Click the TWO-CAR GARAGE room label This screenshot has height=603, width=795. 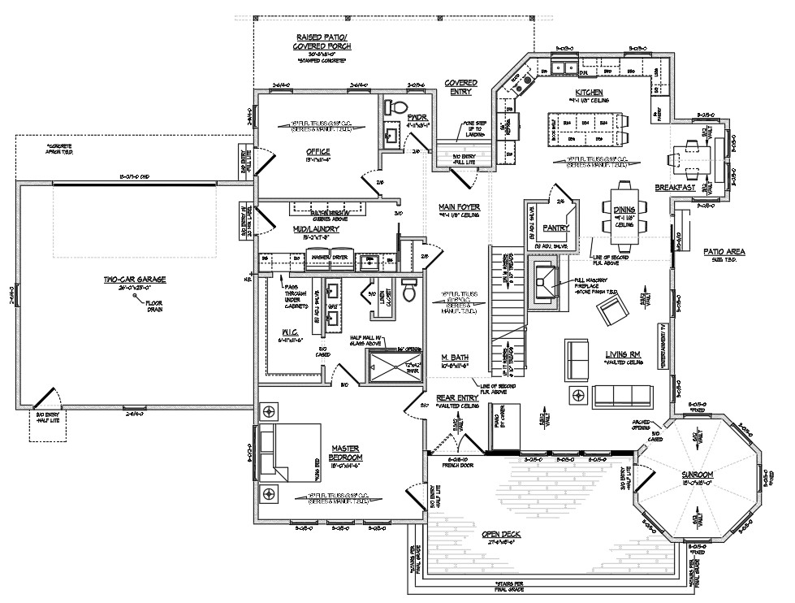point(134,280)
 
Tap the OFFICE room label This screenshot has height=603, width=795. point(318,152)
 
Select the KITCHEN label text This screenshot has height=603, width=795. point(588,93)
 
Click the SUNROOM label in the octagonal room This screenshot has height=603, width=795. point(698,475)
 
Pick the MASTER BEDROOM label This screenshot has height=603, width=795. point(346,453)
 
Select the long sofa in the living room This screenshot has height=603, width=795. point(622,396)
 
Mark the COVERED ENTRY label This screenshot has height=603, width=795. point(460,87)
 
